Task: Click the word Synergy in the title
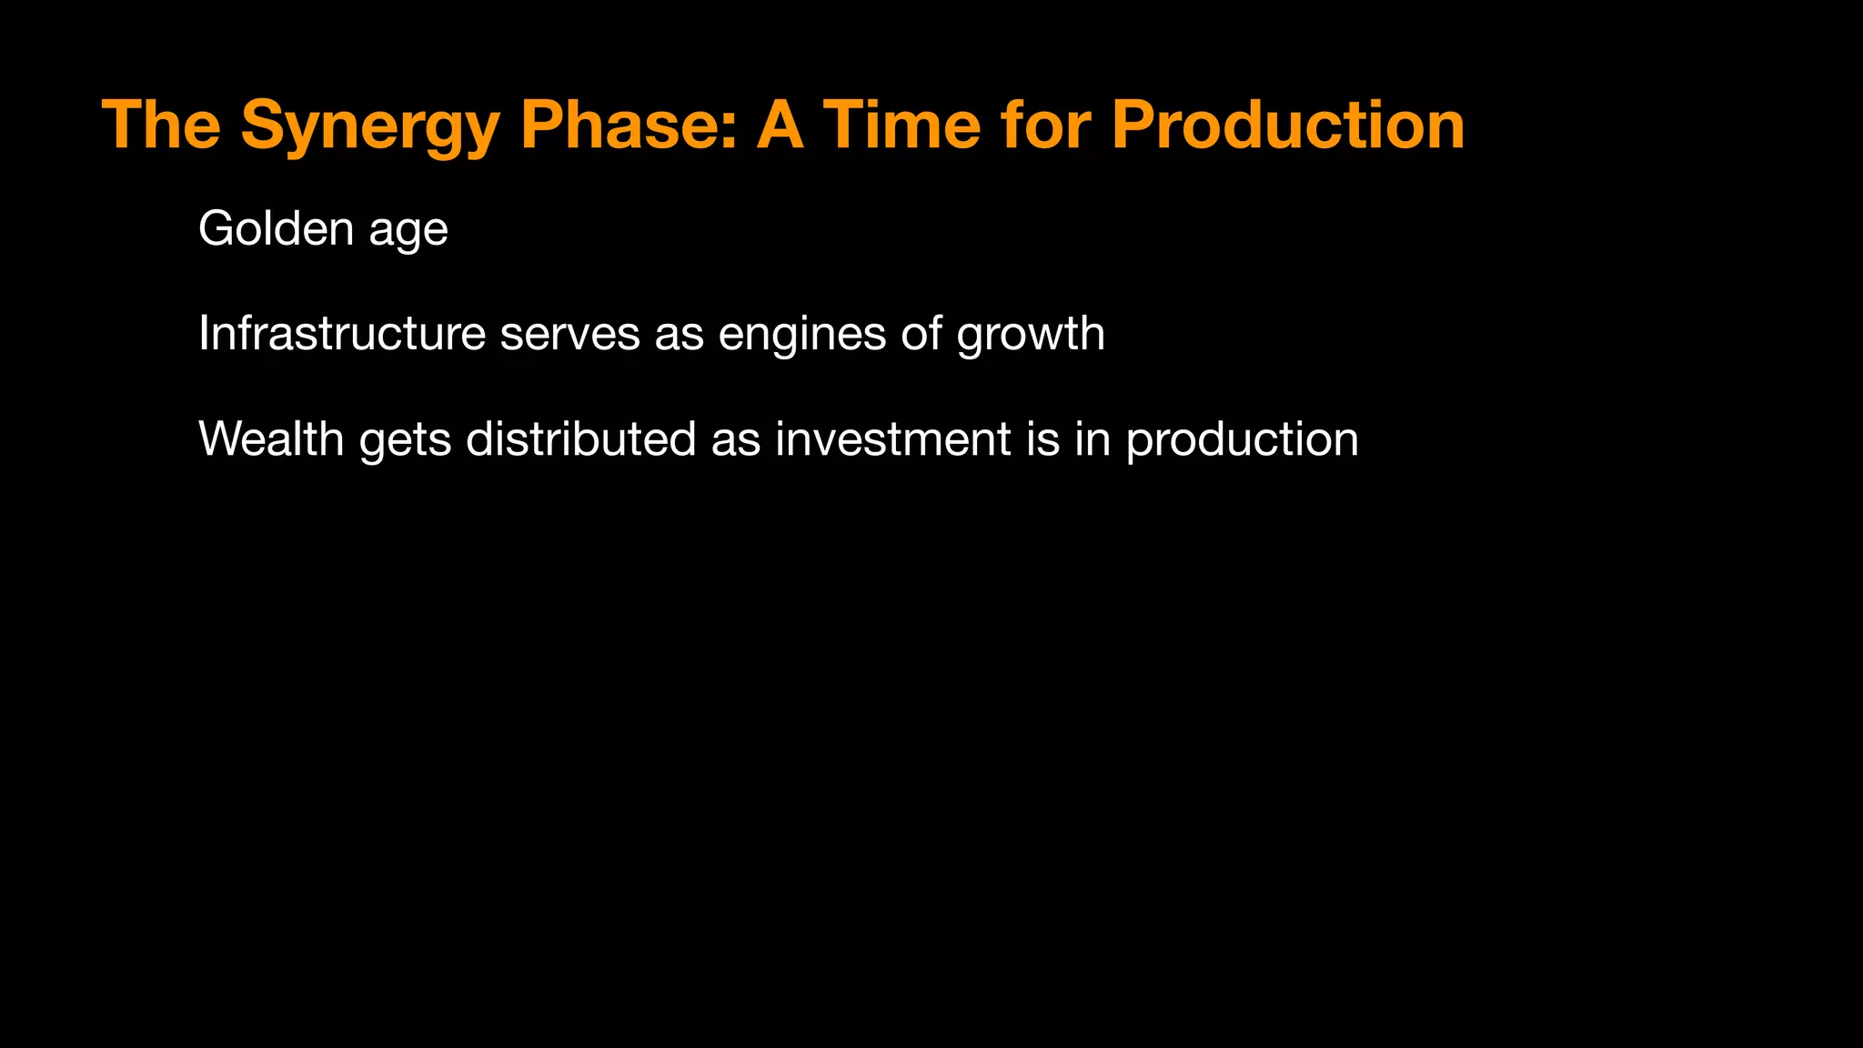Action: [x=369, y=127]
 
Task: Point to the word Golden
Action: [x=276, y=228]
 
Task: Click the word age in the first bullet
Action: [x=408, y=232]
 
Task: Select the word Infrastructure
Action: [x=341, y=333]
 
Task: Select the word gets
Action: [x=405, y=442]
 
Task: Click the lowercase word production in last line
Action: [x=1242, y=441]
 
